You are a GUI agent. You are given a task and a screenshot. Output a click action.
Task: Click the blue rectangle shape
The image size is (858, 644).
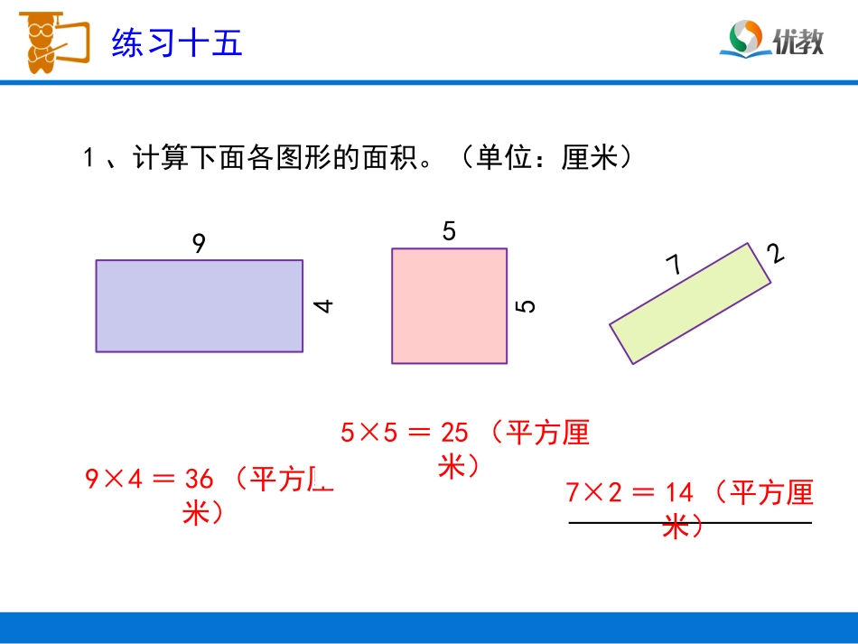point(200,305)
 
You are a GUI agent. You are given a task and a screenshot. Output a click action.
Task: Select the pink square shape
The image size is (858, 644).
point(449,305)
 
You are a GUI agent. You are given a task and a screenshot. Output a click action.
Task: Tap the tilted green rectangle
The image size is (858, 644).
point(690,303)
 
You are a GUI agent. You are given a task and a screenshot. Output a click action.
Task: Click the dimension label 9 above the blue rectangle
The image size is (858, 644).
point(199,243)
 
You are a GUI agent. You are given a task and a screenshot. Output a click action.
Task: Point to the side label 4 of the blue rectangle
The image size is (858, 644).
point(323,305)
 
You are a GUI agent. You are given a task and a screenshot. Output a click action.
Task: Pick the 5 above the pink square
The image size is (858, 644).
point(449,232)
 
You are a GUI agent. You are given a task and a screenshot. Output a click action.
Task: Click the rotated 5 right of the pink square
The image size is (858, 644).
point(526,305)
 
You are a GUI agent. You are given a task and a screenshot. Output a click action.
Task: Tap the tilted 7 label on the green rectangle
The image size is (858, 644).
point(674,265)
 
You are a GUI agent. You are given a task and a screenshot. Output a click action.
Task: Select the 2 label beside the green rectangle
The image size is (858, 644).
point(775,254)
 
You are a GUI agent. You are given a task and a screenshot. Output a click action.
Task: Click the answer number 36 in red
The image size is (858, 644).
point(197,479)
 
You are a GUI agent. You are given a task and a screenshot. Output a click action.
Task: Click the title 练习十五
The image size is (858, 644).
point(177,42)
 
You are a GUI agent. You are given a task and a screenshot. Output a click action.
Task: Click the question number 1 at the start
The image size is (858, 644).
point(89,159)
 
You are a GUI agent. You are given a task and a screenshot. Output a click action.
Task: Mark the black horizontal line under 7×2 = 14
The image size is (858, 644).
point(690,523)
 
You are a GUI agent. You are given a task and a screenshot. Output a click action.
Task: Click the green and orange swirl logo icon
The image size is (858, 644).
point(746,39)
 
